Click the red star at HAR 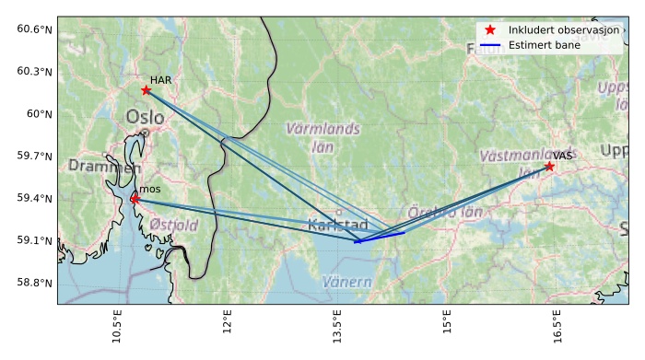(x=147, y=89)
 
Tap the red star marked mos (x=135, y=198)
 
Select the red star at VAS (x=549, y=166)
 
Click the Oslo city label (x=145, y=117)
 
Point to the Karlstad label (x=337, y=225)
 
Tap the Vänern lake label (x=347, y=282)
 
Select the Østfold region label (x=173, y=225)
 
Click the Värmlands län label (x=322, y=137)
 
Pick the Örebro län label (x=445, y=212)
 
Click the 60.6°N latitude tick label (x=34, y=29)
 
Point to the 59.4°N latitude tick (x=34, y=198)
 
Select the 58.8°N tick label (x=34, y=283)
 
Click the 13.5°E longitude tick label (x=337, y=327)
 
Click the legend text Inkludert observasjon (x=564, y=30)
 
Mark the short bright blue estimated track (x=380, y=238)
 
